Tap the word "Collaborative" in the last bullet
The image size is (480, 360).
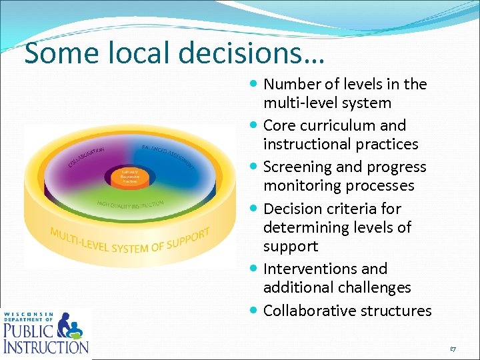coord(307,311)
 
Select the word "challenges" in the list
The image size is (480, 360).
coord(374,287)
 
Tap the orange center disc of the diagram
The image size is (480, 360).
coord(129,176)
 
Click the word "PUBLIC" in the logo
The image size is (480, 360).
coord(27,331)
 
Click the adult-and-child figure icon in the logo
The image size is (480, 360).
coord(70,327)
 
